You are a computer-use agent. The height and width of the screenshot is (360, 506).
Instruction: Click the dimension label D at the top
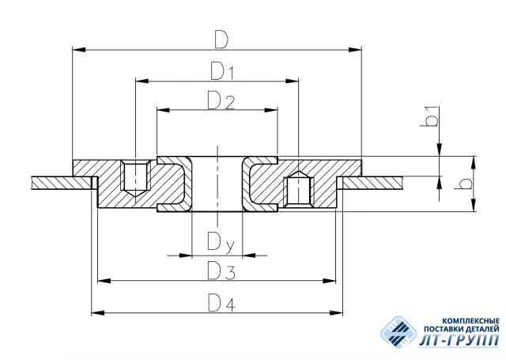coord(221,40)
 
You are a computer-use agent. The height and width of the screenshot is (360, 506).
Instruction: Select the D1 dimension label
coord(222,71)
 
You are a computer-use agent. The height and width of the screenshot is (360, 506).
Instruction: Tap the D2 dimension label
coord(221,100)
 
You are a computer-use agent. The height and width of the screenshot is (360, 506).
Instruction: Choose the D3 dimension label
coord(221,271)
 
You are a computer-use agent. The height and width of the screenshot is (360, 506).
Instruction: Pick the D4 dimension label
coord(221,302)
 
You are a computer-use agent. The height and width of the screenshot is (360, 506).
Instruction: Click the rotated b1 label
coord(430,116)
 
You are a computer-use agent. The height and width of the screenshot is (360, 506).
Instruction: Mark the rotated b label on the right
coord(463,184)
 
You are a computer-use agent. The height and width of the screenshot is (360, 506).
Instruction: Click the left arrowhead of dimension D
coord(79,50)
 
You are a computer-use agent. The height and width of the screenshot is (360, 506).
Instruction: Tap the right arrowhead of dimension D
coord(355,50)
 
